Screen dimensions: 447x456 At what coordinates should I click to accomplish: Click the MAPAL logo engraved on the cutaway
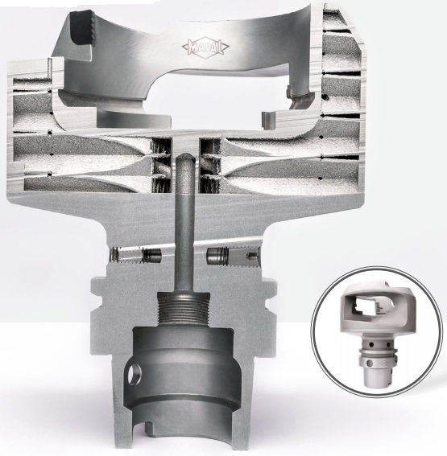click(205, 47)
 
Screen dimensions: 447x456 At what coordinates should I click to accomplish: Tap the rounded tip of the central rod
click(184, 158)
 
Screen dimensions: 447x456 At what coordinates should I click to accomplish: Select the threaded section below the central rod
click(184, 310)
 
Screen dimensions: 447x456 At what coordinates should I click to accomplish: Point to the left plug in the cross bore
click(152, 255)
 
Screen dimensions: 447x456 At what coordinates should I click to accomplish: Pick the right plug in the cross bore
click(216, 255)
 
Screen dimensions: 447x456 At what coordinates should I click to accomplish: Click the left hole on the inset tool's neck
click(371, 345)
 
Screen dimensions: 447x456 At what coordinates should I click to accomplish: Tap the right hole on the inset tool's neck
click(388, 345)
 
